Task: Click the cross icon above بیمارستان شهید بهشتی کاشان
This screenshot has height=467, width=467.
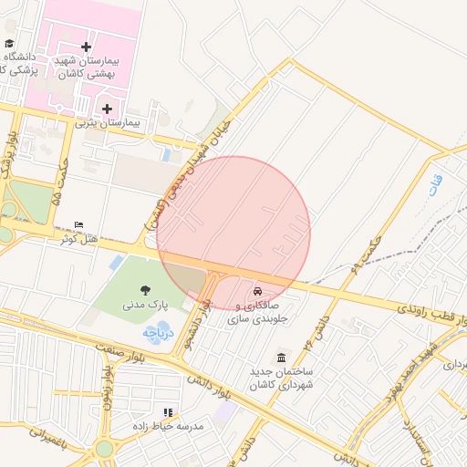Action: pos(86,47)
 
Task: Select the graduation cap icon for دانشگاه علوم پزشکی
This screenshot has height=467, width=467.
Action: pos(9,44)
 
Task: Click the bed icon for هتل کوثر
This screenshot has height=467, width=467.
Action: pos(78,224)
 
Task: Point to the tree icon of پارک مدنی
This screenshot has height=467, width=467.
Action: pos(146,289)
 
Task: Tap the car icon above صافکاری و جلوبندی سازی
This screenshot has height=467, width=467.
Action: pos(258,286)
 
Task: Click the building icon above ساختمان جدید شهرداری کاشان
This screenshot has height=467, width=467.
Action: pos(281,357)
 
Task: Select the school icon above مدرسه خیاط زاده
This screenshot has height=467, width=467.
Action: pos(167,412)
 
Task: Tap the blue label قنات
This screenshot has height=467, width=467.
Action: pos(433,187)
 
